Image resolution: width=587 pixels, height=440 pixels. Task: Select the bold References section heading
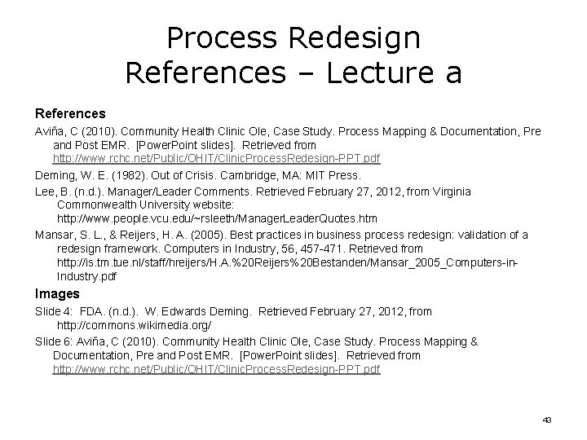point(70,113)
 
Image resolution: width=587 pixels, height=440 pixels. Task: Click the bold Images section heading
point(56,293)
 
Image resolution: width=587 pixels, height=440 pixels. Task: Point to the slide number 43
point(547,420)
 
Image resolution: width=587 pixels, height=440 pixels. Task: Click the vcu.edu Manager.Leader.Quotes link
point(217,219)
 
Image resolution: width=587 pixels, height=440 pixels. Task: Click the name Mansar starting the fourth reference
point(53,235)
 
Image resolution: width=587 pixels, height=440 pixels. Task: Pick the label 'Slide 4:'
point(55,311)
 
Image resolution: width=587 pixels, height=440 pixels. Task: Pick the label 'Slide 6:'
point(55,341)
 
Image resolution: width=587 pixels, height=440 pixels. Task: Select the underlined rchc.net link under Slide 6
point(216,369)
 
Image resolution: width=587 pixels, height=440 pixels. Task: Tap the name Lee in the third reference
point(45,191)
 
